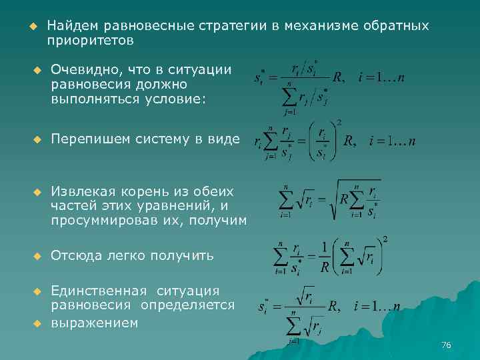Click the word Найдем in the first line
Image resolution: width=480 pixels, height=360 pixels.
pyautogui.click(x=72, y=25)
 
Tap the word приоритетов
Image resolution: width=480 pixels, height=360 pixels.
pyautogui.click(x=91, y=40)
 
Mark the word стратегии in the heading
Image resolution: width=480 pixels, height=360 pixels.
pyautogui.click(x=233, y=25)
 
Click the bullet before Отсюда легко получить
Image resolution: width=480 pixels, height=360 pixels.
pyautogui.click(x=37, y=255)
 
